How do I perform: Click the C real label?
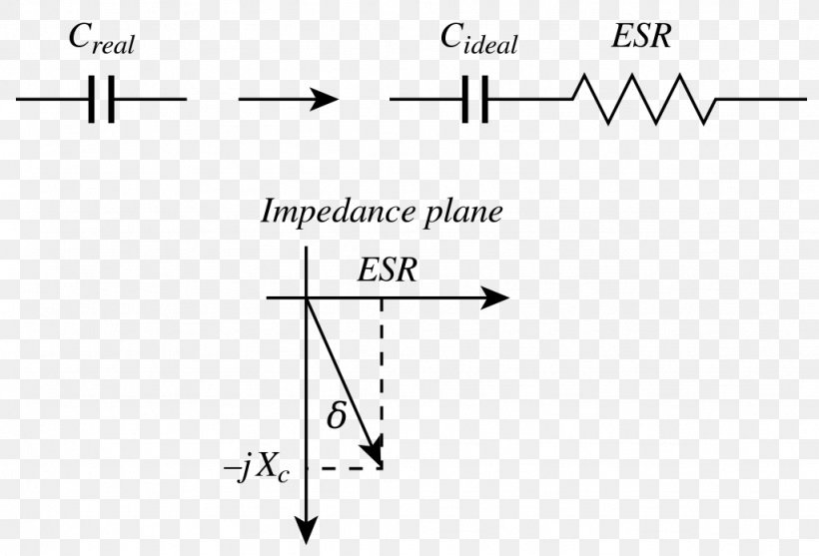pyautogui.click(x=101, y=41)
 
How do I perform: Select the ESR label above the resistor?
pyautogui.click(x=641, y=38)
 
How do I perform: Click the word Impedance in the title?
pyautogui.click(x=334, y=213)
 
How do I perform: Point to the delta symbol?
pyautogui.click(x=337, y=415)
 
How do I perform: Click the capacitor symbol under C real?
pyautogui.click(x=101, y=99)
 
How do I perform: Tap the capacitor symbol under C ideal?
pyautogui.click(x=475, y=99)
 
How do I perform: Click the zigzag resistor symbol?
pyautogui.click(x=643, y=99)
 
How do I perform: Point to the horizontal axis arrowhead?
pyautogui.click(x=495, y=298)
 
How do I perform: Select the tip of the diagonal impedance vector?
pyautogui.click(x=378, y=459)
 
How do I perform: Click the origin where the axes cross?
pyautogui.click(x=306, y=298)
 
